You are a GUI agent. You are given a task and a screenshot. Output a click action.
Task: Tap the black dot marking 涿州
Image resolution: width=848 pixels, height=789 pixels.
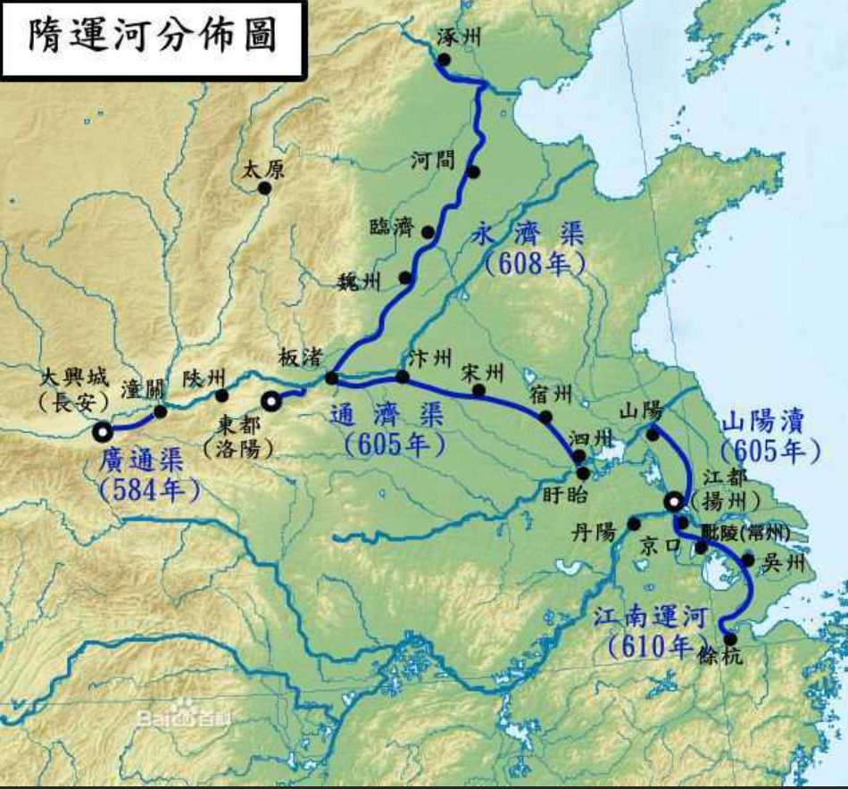coord(444,60)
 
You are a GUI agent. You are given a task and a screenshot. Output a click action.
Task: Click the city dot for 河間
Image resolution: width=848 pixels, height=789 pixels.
coord(473,172)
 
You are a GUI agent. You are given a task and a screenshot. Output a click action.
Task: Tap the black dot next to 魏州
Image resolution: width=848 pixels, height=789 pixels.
coord(406,278)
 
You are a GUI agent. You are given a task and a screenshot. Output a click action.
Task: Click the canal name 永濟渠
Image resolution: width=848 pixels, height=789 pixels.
coord(528,237)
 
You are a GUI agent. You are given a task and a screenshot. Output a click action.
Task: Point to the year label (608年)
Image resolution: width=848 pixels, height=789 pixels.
coord(534,264)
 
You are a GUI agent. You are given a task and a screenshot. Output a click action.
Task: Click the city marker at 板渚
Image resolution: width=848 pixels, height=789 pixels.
coord(331,378)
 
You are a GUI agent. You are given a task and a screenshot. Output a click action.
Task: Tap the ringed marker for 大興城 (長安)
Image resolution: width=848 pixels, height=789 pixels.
coord(103,432)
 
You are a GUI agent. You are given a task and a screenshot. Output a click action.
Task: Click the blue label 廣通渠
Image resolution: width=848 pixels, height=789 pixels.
coord(143,461)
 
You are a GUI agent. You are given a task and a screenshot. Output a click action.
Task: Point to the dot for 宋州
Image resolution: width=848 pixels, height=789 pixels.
coord(479,390)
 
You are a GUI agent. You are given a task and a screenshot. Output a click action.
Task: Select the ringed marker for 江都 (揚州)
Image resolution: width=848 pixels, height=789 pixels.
coord(674,502)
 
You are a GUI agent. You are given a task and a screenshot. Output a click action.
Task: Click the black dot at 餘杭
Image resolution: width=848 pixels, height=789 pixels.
coord(731,638)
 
